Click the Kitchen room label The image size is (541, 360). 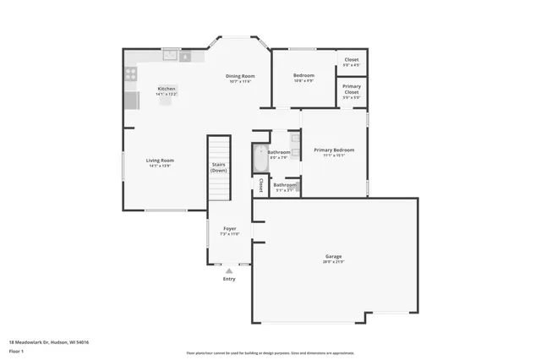[167, 89]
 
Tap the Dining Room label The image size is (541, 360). [240, 76]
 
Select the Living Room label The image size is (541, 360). [160, 160]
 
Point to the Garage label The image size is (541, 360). [334, 256]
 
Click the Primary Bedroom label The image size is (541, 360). [334, 150]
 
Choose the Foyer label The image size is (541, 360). [229, 228]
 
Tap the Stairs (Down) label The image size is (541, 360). [219, 167]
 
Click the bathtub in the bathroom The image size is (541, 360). [260, 158]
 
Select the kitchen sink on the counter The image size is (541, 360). [171, 56]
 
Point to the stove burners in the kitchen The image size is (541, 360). [131, 74]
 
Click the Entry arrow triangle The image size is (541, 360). [229, 270]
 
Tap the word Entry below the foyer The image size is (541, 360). [229, 279]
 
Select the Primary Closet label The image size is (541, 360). [352, 90]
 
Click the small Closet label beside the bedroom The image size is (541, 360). [352, 60]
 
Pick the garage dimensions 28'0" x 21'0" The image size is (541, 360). [334, 262]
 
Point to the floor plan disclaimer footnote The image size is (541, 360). [270, 353]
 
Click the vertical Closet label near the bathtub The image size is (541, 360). [261, 185]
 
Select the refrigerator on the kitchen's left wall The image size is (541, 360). [131, 101]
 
